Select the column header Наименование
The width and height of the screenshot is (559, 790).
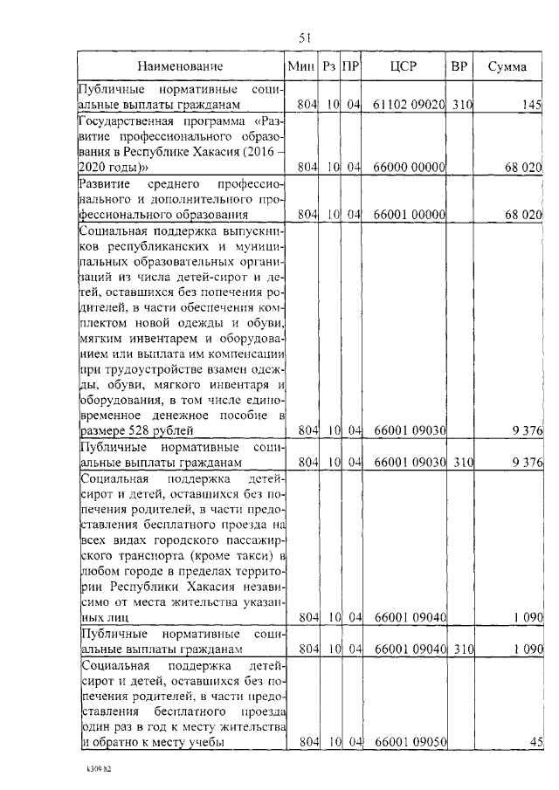pyautogui.click(x=180, y=66)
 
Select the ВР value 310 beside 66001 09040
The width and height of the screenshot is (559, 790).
pyautogui.click(x=461, y=649)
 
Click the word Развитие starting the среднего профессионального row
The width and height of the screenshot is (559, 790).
pyautogui.click(x=103, y=183)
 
